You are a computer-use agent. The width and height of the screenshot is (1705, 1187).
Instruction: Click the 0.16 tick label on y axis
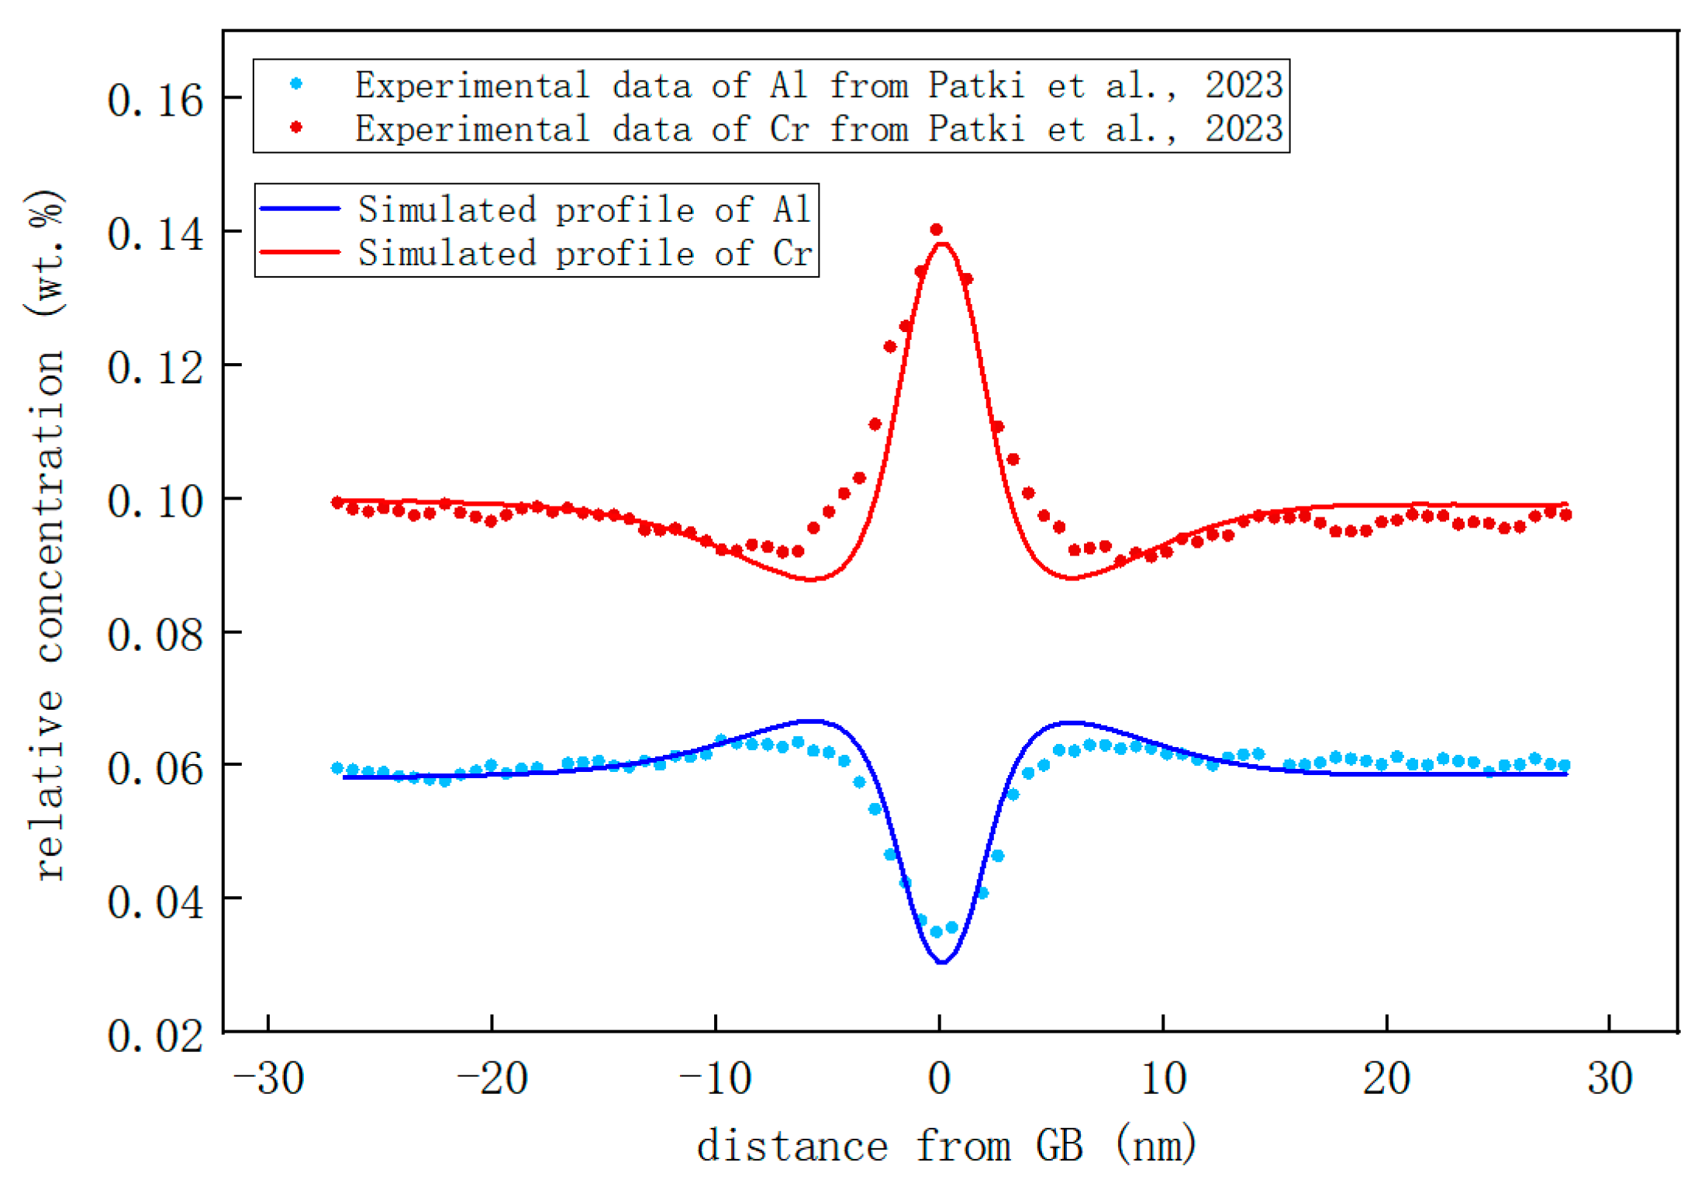click(155, 101)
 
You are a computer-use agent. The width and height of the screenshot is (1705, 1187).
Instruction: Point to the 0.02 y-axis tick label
click(155, 1036)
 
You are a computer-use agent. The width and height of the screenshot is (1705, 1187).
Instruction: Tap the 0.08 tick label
click(155, 635)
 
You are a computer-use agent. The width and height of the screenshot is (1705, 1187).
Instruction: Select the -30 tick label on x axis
click(268, 1078)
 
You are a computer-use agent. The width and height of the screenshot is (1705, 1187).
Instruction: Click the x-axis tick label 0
click(939, 1078)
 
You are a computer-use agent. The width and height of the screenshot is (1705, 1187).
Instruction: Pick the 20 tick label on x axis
click(1386, 1078)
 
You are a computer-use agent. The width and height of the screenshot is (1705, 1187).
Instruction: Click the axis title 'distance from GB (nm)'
click(946, 1147)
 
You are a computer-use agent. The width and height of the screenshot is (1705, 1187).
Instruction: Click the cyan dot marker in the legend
click(295, 84)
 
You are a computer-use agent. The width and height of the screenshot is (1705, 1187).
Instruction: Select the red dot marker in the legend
click(295, 127)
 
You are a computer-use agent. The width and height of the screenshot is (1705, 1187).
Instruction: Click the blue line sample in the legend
click(299, 209)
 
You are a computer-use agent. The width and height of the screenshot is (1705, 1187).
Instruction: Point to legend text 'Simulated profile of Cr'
click(585, 253)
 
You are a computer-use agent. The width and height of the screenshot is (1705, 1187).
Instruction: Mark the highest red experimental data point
click(936, 230)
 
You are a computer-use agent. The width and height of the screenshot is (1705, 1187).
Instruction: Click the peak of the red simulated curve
click(942, 244)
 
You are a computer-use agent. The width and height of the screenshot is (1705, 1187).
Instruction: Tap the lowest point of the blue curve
click(942, 963)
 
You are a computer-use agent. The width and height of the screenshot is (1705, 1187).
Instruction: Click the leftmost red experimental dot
click(337, 503)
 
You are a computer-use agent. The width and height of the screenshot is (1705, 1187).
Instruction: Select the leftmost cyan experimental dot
click(337, 768)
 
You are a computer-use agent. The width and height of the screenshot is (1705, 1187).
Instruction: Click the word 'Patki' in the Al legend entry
click(976, 85)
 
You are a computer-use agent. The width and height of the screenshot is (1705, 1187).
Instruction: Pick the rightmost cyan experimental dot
click(1564, 765)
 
